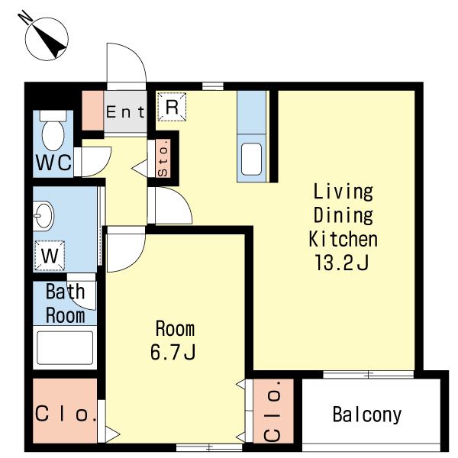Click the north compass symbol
tap(47, 39)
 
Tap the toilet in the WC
tap(53, 131)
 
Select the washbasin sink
tap(44, 216)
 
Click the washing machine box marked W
tap(50, 256)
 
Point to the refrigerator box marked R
tap(172, 106)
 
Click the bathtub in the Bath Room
tap(65, 347)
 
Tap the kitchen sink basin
tap(251, 159)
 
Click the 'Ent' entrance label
tap(126, 112)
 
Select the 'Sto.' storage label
tap(163, 158)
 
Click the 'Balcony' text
tap(367, 414)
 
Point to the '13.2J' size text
tap(341, 262)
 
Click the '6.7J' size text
tap(173, 351)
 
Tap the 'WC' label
tap(53, 163)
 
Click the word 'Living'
tap(343, 192)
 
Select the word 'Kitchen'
tap(343, 239)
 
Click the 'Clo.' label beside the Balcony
tap(273, 411)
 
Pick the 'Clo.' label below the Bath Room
tap(65, 414)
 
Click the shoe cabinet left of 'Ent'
tap(92, 111)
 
